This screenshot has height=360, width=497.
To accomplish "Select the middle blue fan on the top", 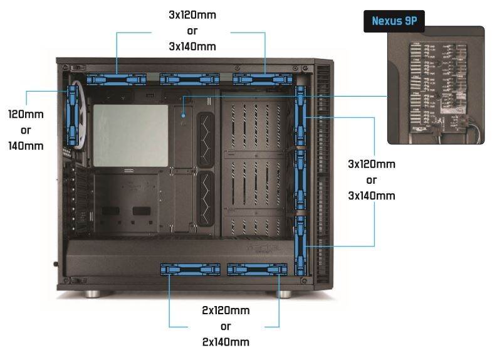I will pyautogui.click(x=189, y=79).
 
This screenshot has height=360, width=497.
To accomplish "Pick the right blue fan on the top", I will pyautogui.click(x=263, y=79).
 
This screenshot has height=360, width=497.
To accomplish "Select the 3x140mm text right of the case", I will pyautogui.click(x=372, y=196).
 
